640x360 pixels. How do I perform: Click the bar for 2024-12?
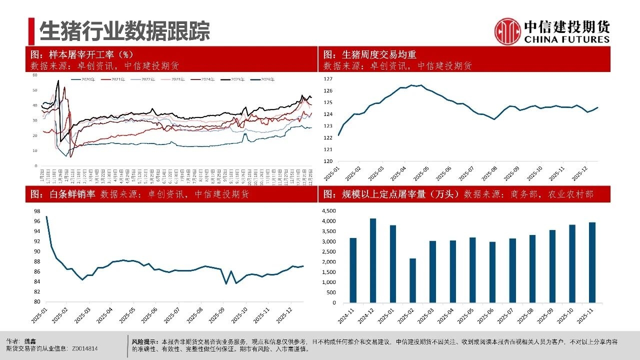(372, 260)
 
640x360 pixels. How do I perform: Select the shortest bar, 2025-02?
(412, 280)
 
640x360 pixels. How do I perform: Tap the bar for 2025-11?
(592, 262)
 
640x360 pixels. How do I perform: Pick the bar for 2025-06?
(492, 272)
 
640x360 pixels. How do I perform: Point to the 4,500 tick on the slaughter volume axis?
(329, 210)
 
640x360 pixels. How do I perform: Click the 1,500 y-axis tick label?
(329, 272)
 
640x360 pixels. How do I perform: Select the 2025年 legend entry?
(234, 79)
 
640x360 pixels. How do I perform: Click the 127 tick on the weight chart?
(328, 79)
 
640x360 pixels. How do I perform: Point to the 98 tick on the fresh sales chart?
(36, 211)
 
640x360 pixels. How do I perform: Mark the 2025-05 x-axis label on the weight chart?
(422, 173)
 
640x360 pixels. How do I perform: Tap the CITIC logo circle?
(507, 31)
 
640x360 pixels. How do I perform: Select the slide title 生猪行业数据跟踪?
(124, 31)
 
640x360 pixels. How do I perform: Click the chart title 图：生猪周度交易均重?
(370, 54)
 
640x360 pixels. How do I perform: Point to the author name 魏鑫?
(30, 341)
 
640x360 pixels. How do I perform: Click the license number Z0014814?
(84, 348)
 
